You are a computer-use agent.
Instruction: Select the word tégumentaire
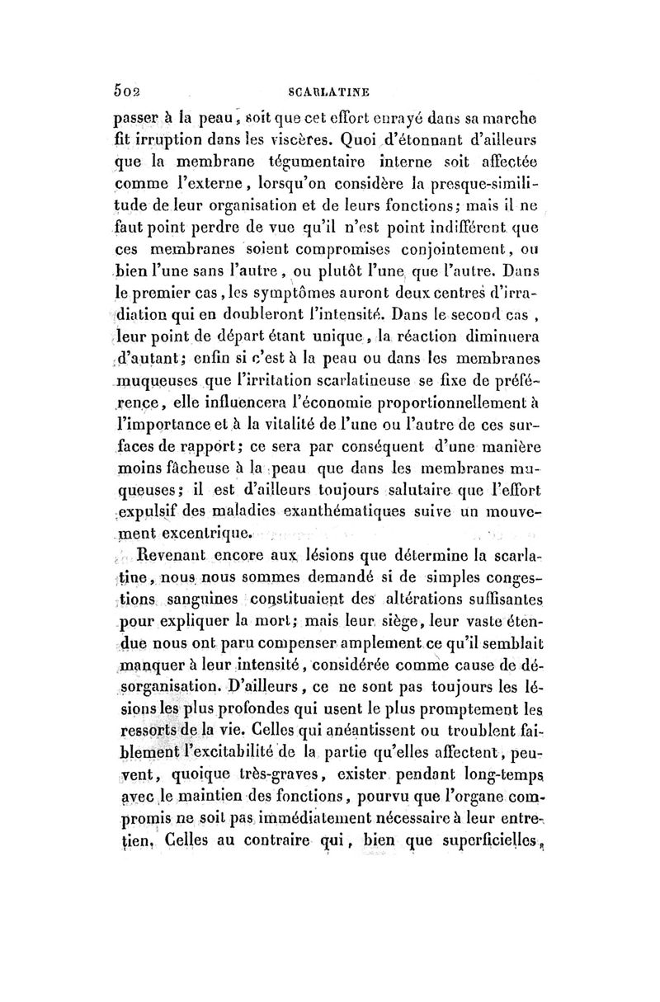[337, 157]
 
